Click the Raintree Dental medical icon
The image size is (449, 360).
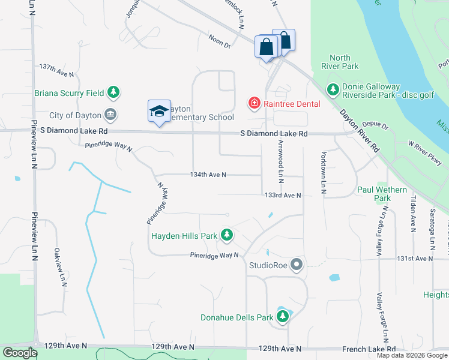click(255, 104)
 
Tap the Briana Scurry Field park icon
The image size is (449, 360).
click(113, 92)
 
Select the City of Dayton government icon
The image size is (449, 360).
click(110, 115)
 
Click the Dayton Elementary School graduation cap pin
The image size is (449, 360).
click(159, 111)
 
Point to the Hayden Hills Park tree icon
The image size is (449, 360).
click(226, 235)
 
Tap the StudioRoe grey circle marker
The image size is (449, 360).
click(296, 264)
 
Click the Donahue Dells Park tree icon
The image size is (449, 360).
click(282, 316)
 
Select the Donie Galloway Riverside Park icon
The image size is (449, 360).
click(333, 89)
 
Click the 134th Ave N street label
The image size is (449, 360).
click(208, 175)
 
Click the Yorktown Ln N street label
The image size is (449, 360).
click(324, 171)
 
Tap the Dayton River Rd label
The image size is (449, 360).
click(359, 130)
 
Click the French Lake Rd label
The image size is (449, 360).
click(372, 349)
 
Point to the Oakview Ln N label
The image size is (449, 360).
click(59, 268)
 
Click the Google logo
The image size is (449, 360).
click(20, 353)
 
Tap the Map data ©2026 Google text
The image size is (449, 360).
click(411, 355)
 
